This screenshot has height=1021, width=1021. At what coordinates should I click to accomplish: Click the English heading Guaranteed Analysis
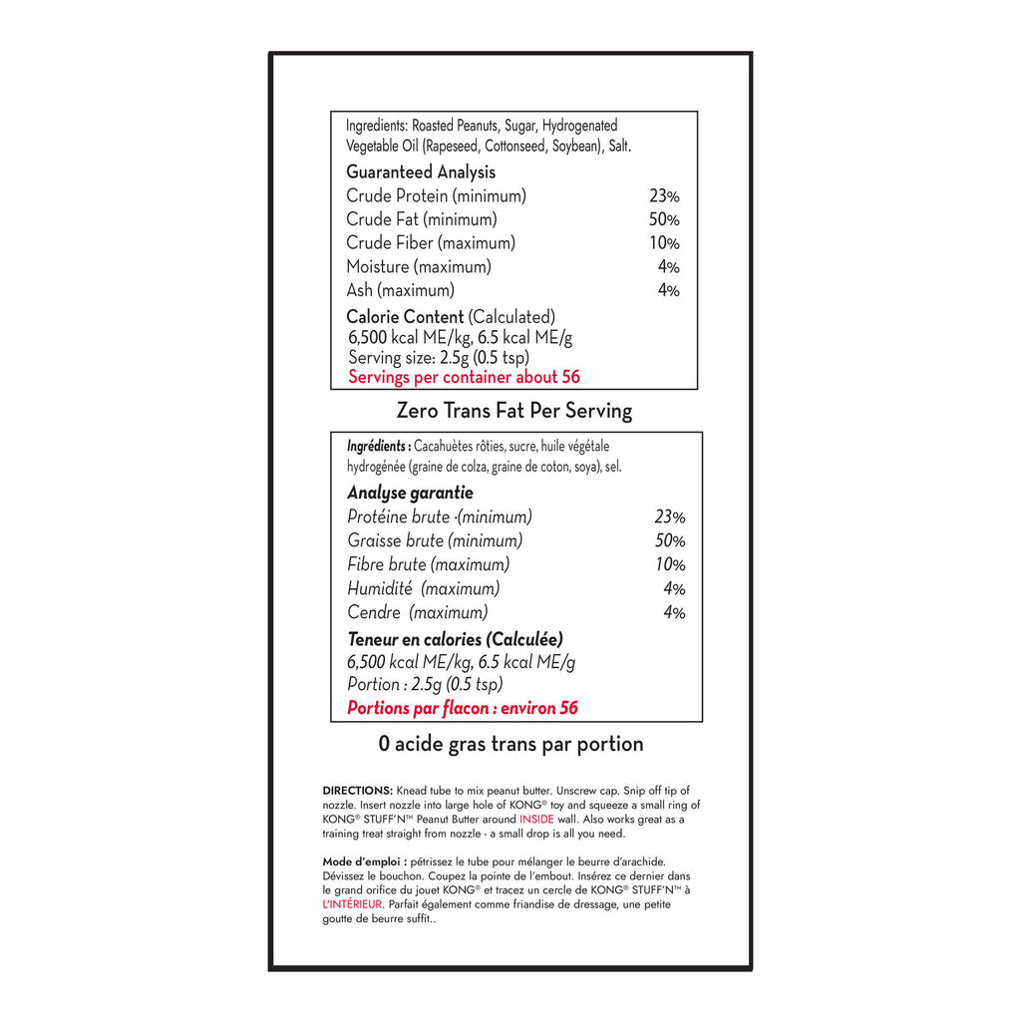point(421,172)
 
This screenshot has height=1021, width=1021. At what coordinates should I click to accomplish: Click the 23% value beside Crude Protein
point(664,196)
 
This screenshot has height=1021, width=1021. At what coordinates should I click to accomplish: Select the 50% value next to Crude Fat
point(664,219)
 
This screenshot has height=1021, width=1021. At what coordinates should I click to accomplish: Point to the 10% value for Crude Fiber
point(664,243)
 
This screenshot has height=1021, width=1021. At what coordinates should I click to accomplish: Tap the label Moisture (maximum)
point(419,266)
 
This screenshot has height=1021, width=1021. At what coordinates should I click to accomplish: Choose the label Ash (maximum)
point(400,290)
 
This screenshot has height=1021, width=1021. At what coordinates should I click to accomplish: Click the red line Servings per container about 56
point(464,377)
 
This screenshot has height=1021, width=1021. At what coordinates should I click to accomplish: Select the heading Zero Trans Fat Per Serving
point(513,410)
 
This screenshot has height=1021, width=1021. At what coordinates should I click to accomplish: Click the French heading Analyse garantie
point(410,493)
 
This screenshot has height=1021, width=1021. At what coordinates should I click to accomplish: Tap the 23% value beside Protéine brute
point(670,516)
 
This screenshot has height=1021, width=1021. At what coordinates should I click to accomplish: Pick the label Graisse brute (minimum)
point(435,540)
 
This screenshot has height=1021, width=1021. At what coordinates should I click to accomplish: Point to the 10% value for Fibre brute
point(670,564)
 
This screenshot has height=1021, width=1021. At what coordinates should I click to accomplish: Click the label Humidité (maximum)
point(424,588)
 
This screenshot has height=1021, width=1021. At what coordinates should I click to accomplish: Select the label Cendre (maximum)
point(418,612)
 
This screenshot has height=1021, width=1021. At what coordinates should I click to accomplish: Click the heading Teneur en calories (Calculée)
point(455,639)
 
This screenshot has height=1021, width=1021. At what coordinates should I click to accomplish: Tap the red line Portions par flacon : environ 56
point(462,708)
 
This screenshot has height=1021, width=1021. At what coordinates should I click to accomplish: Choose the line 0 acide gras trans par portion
point(510,744)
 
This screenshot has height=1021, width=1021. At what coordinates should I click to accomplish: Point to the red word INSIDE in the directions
point(536,819)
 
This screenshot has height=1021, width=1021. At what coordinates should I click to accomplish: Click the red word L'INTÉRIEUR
point(352,903)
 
